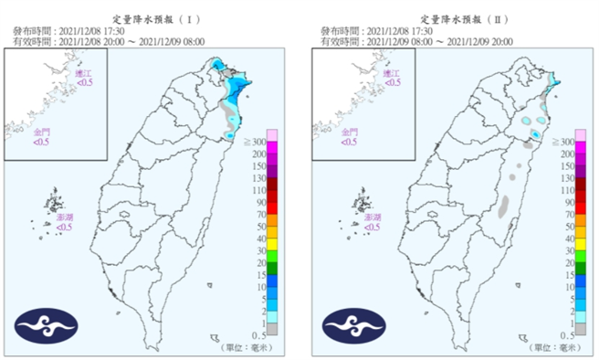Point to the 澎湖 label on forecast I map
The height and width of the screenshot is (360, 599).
(x=63, y=220)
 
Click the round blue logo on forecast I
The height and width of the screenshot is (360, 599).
(x=46, y=327)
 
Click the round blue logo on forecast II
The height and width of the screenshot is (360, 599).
(x=352, y=327)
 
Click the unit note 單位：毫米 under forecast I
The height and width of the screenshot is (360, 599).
(x=246, y=348)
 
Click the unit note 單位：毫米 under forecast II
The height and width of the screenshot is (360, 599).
(x=552, y=348)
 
